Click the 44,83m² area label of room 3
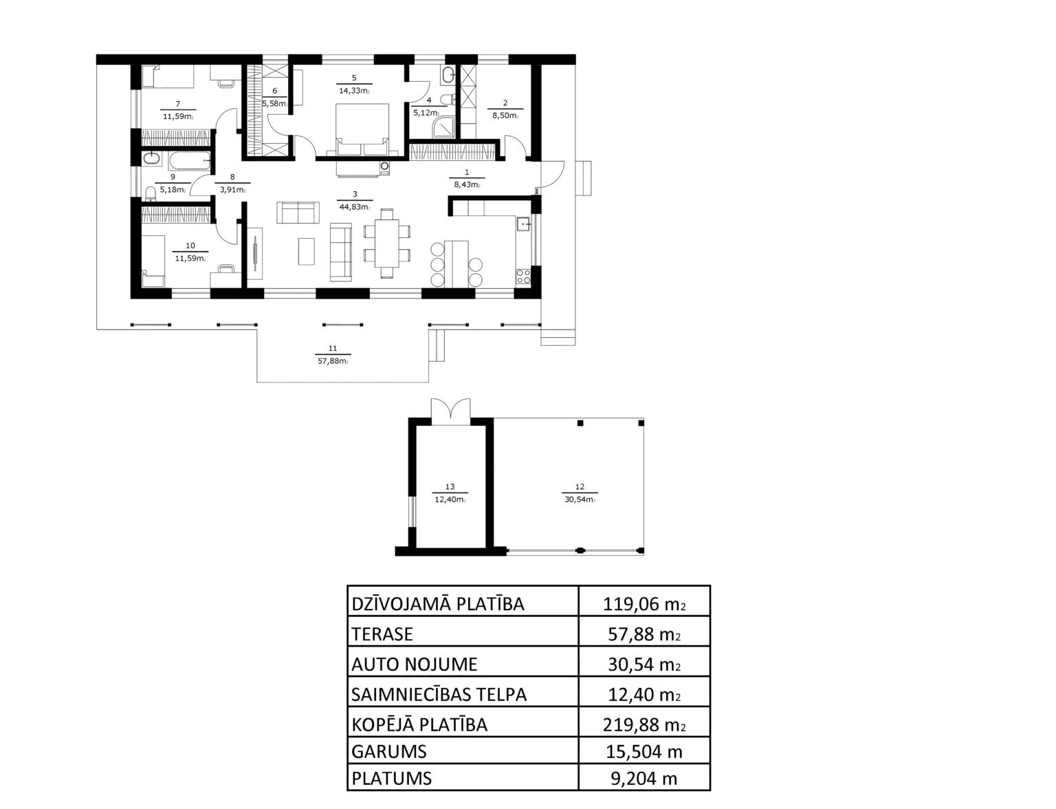354,207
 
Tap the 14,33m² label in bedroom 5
354,90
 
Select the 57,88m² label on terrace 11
333,361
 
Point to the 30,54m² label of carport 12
580,499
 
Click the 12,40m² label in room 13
450,499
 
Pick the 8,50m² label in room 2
505,116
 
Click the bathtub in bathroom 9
190,160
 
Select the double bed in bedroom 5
362,129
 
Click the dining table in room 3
387,243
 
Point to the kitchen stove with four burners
523,277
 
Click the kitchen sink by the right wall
523,224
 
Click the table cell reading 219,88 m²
644,725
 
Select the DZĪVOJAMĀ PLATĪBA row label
438,604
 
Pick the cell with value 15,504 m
644,752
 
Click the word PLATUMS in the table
392,779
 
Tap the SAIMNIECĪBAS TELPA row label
439,695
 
